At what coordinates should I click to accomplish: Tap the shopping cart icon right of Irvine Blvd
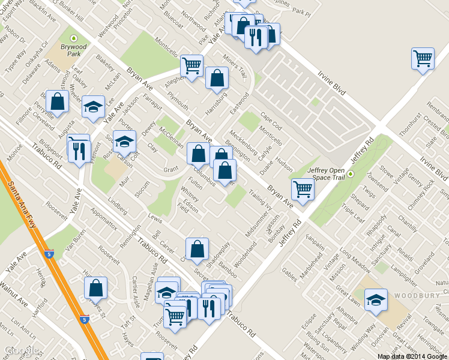(423, 59)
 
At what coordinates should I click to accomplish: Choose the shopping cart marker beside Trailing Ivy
(303, 190)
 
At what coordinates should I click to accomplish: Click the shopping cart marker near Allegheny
(191, 66)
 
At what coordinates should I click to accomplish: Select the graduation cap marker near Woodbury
(376, 299)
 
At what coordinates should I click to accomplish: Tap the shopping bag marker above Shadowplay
(197, 248)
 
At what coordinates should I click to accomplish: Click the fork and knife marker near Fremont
(79, 151)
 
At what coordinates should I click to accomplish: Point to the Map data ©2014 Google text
(412, 356)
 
